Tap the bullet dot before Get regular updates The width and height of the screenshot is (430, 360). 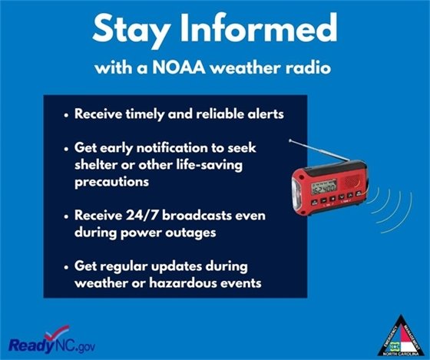click(65, 266)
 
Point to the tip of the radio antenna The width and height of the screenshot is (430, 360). click(288, 140)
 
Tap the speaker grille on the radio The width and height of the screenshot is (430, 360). click(360, 182)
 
